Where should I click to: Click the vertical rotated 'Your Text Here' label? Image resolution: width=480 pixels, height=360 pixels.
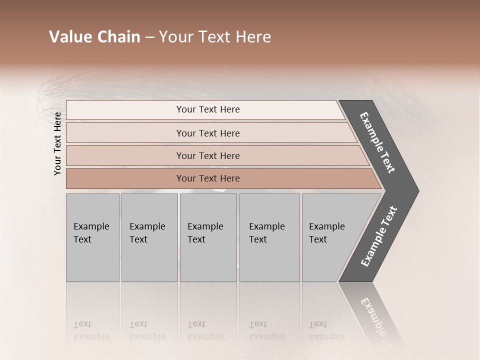point(57,143)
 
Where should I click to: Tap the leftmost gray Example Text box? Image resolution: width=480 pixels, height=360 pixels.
point(92,237)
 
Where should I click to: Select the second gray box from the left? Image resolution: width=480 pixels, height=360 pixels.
point(149,237)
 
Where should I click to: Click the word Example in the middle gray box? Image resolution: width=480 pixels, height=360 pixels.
point(205,226)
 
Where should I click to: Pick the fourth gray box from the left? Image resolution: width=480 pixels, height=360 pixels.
point(269,237)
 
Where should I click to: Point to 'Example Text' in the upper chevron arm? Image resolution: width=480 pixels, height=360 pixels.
point(377,142)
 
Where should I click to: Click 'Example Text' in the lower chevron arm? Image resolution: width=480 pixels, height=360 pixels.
point(379,236)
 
